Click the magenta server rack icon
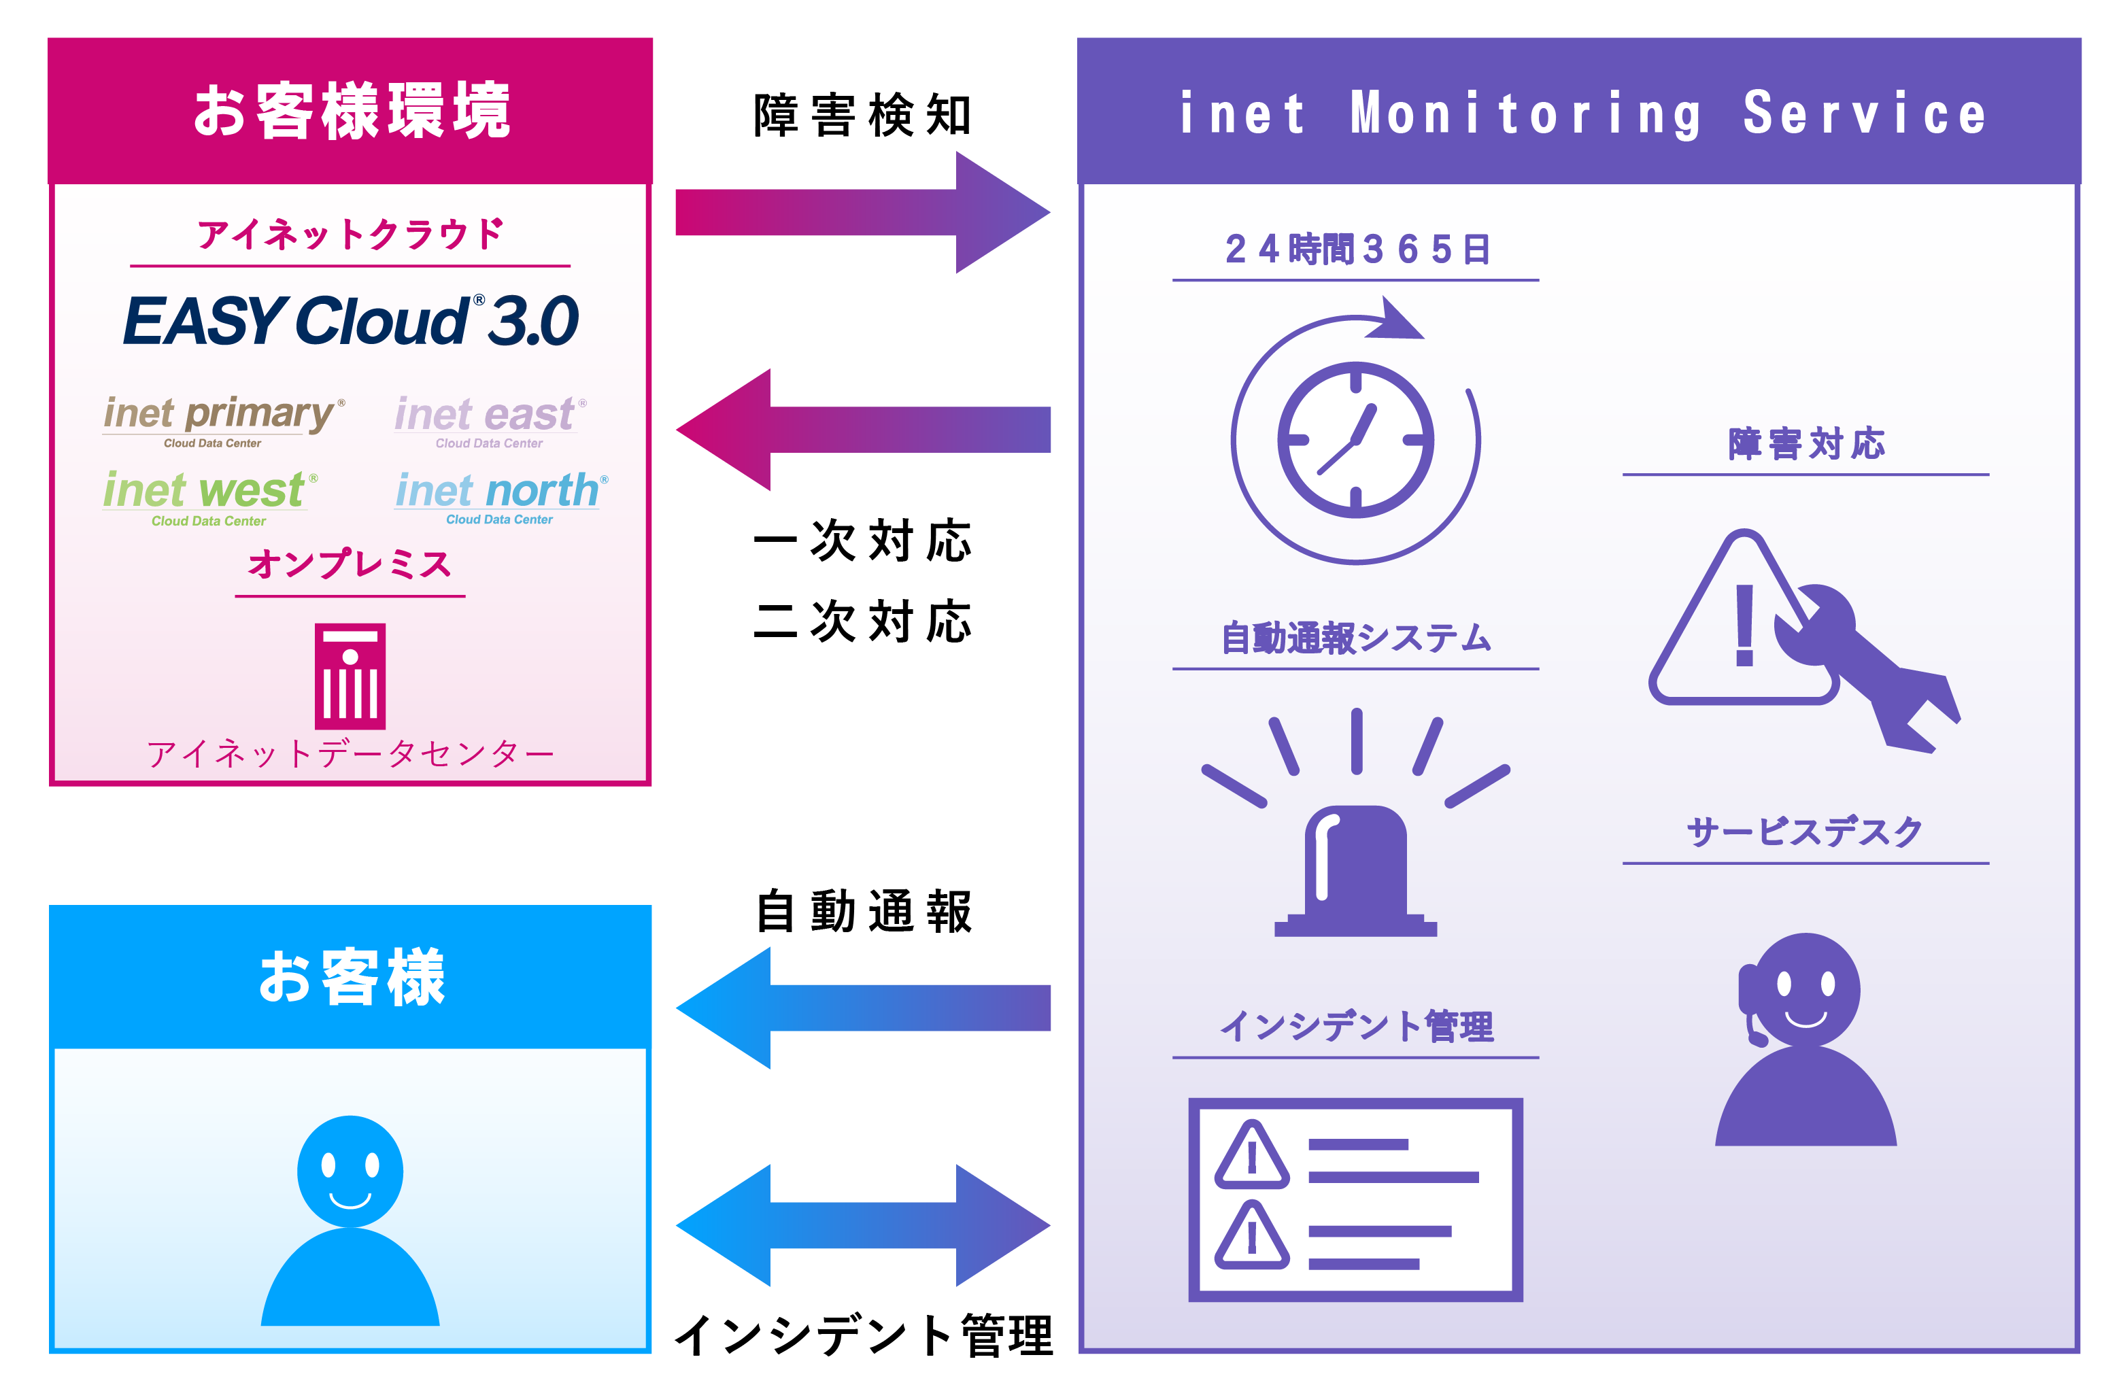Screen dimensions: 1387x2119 [x=350, y=676]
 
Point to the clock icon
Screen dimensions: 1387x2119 [x=1355, y=440]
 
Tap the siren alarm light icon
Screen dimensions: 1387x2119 [x=1355, y=868]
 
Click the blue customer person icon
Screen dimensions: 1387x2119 [x=350, y=1220]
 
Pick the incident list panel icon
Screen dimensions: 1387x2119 [x=1355, y=1199]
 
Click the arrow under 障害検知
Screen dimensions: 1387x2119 [x=862, y=213]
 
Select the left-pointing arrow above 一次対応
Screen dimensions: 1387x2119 [x=862, y=429]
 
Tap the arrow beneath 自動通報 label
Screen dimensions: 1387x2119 [x=862, y=1007]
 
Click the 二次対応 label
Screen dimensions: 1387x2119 [x=862, y=621]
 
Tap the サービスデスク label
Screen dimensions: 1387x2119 [x=1805, y=832]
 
